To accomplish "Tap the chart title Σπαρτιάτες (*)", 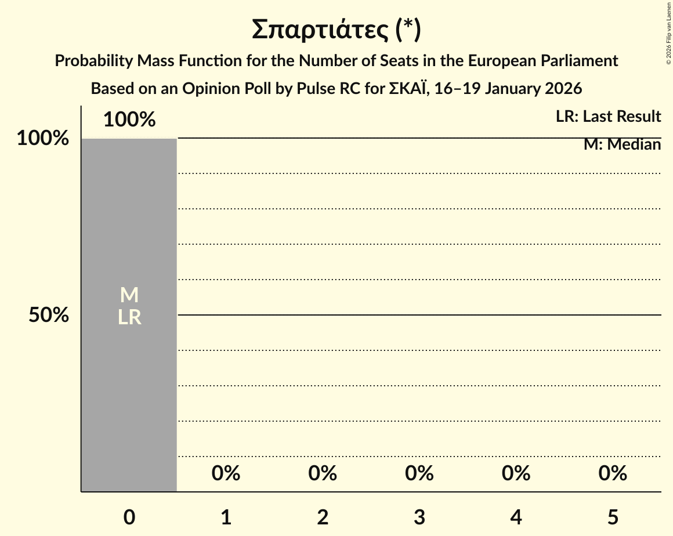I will click(x=336, y=30).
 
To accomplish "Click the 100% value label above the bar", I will click(x=129, y=120).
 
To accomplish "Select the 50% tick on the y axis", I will click(x=49, y=316).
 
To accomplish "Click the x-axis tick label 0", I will click(x=129, y=517).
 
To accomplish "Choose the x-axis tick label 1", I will click(x=226, y=517).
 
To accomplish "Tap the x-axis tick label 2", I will click(x=323, y=517).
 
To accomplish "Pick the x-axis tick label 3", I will click(x=419, y=517).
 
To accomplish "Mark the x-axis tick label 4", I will click(x=516, y=517).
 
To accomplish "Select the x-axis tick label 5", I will click(x=613, y=517).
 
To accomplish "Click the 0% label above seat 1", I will click(x=226, y=474).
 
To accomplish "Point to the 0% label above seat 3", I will click(x=419, y=474).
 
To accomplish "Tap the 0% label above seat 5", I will click(x=613, y=474).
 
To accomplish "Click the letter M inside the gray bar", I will click(x=129, y=295).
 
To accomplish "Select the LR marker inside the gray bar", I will click(x=129, y=317).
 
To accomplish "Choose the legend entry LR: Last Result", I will click(x=608, y=117).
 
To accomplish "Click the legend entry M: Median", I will click(x=622, y=144).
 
